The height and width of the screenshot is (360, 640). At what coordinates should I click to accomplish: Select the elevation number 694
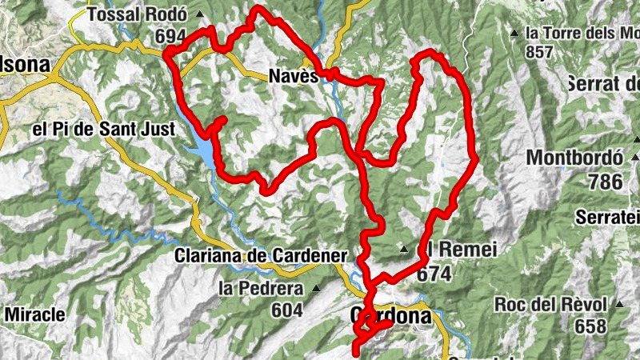click(x=171, y=36)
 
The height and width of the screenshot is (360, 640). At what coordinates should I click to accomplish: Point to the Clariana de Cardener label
click(x=260, y=256)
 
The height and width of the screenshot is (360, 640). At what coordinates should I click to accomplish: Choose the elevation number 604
click(x=286, y=310)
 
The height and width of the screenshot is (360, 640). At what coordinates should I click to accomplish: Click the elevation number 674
click(x=434, y=274)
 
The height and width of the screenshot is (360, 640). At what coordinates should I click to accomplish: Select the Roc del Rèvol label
click(x=553, y=305)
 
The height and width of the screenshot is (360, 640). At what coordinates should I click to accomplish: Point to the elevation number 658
click(x=590, y=326)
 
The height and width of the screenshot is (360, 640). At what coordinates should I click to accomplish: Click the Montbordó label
click(x=574, y=158)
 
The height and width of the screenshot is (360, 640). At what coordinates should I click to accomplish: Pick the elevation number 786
click(x=604, y=182)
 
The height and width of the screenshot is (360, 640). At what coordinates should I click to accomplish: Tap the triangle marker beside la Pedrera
click(x=316, y=288)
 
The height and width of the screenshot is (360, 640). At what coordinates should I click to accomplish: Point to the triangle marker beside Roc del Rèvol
click(x=619, y=305)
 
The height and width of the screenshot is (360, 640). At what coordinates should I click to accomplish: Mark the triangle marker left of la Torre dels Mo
click(x=514, y=34)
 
